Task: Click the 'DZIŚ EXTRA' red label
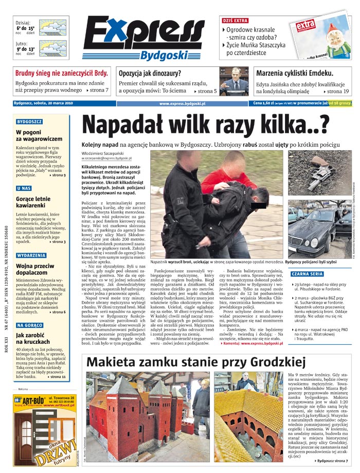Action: point(235,21)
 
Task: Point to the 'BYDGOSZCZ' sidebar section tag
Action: point(29,121)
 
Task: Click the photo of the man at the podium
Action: point(235,81)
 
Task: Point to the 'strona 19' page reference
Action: point(338,91)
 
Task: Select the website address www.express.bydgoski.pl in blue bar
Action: point(182,103)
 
